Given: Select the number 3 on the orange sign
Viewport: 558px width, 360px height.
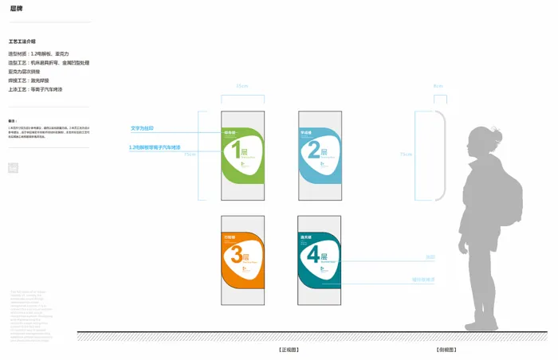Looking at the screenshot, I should coord(236,254).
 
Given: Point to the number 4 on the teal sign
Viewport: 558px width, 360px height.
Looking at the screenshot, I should coord(312,254).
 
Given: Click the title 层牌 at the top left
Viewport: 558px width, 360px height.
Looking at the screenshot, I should coord(16,8).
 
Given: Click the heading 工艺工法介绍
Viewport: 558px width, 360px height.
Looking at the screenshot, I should coord(22,41).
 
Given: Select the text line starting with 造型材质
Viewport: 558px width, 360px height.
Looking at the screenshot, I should coord(38,53).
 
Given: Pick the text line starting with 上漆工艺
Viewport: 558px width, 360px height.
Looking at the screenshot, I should coord(35,89).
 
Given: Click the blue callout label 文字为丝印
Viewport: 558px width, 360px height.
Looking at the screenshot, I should coord(142,127).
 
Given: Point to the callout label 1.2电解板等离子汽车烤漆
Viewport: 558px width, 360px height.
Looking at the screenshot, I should coord(155,147).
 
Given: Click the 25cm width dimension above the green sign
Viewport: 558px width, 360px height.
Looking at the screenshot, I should coord(242,85).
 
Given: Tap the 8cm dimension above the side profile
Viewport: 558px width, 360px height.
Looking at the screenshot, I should coord(438,85).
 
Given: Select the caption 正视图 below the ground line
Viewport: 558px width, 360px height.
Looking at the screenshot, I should coord(288,349).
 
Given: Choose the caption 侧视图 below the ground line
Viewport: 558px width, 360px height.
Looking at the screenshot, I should coord(446,349).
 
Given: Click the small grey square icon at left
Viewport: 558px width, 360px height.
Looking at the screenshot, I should coord(12,167).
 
